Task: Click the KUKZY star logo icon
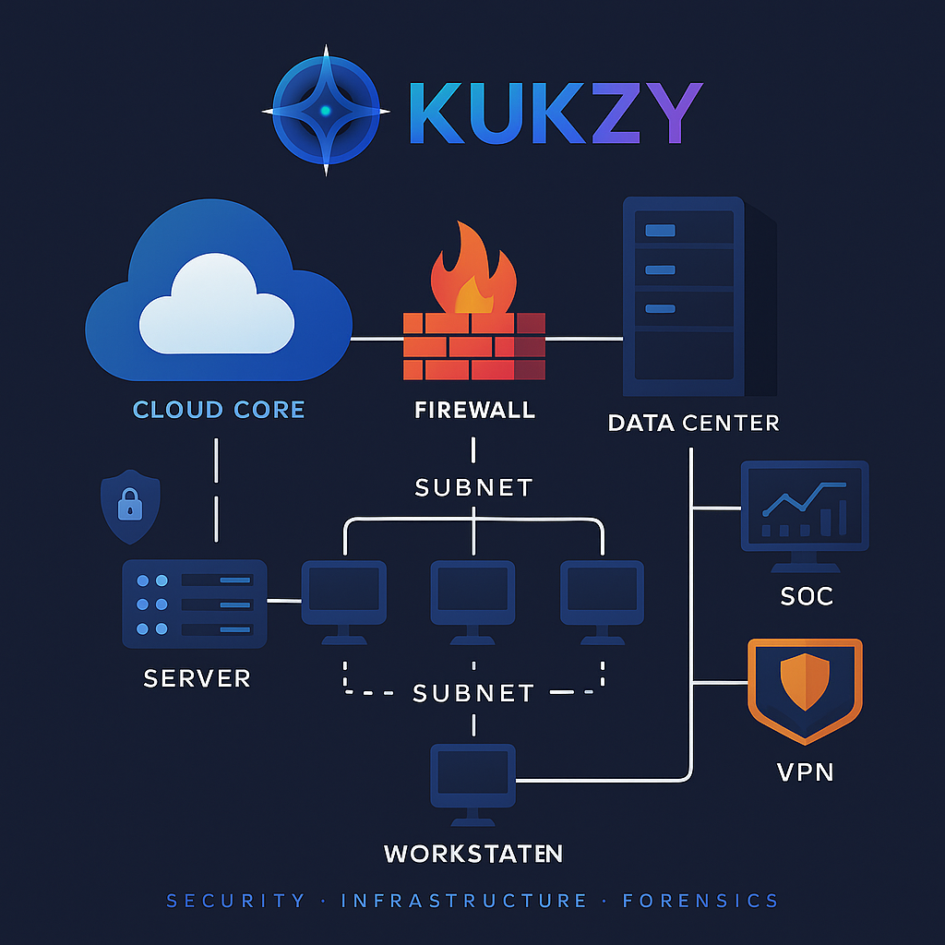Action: click(x=325, y=112)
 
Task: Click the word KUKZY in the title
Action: click(x=555, y=113)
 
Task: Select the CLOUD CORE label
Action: click(x=219, y=409)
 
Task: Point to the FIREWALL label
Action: click(x=474, y=409)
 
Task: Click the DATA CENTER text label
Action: click(x=693, y=423)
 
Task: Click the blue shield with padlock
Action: click(x=130, y=508)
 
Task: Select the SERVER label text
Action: click(x=197, y=678)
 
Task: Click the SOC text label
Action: click(x=806, y=596)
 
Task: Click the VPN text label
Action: click(x=806, y=771)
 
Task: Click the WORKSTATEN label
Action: click(x=472, y=853)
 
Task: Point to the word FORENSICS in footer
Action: click(x=700, y=901)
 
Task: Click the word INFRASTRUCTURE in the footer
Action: click(x=464, y=901)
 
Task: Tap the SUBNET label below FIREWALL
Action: click(x=473, y=486)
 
